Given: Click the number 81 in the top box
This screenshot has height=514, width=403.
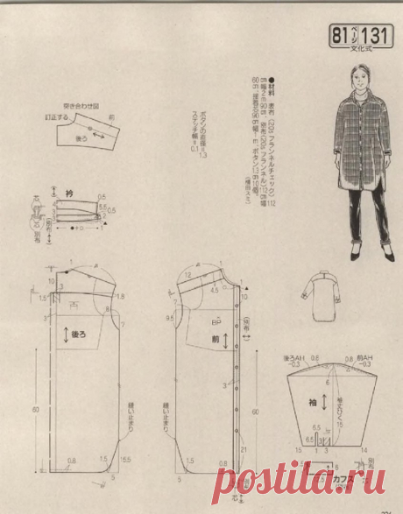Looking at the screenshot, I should pyautogui.click(x=338, y=36).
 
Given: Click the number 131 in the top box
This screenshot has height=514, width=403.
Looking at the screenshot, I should pyautogui.click(x=376, y=36).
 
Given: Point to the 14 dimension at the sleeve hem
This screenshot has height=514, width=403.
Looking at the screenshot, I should pyautogui.click(x=363, y=448).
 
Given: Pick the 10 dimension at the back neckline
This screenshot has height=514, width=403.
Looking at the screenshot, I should pyautogui.click(x=52, y=281).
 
